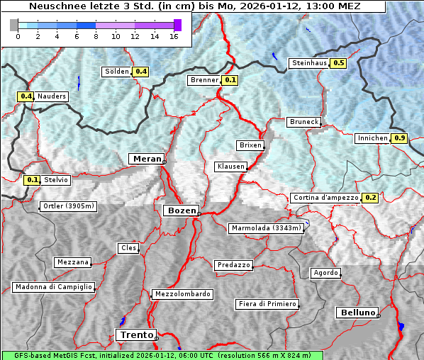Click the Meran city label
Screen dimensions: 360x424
point(146,159)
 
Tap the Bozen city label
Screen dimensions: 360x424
point(180,210)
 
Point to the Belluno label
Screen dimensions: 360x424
point(357,312)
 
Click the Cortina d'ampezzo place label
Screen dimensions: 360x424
point(325,198)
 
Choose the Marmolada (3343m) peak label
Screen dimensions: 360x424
point(267,228)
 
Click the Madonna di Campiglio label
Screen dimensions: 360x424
point(53,287)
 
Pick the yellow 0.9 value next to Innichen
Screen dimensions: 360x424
point(399,138)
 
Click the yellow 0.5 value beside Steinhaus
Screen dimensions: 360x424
point(338,63)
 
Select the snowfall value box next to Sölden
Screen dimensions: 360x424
point(140,72)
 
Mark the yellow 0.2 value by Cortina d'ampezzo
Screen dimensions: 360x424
point(370,198)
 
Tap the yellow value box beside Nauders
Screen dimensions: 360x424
point(26,96)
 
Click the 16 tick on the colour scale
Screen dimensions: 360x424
point(174,37)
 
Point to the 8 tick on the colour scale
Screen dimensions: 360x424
point(96,37)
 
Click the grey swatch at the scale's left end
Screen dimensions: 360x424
point(14,25)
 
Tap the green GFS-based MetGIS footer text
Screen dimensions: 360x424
point(162,355)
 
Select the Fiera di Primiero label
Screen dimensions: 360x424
point(267,304)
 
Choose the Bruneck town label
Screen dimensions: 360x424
point(304,122)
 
